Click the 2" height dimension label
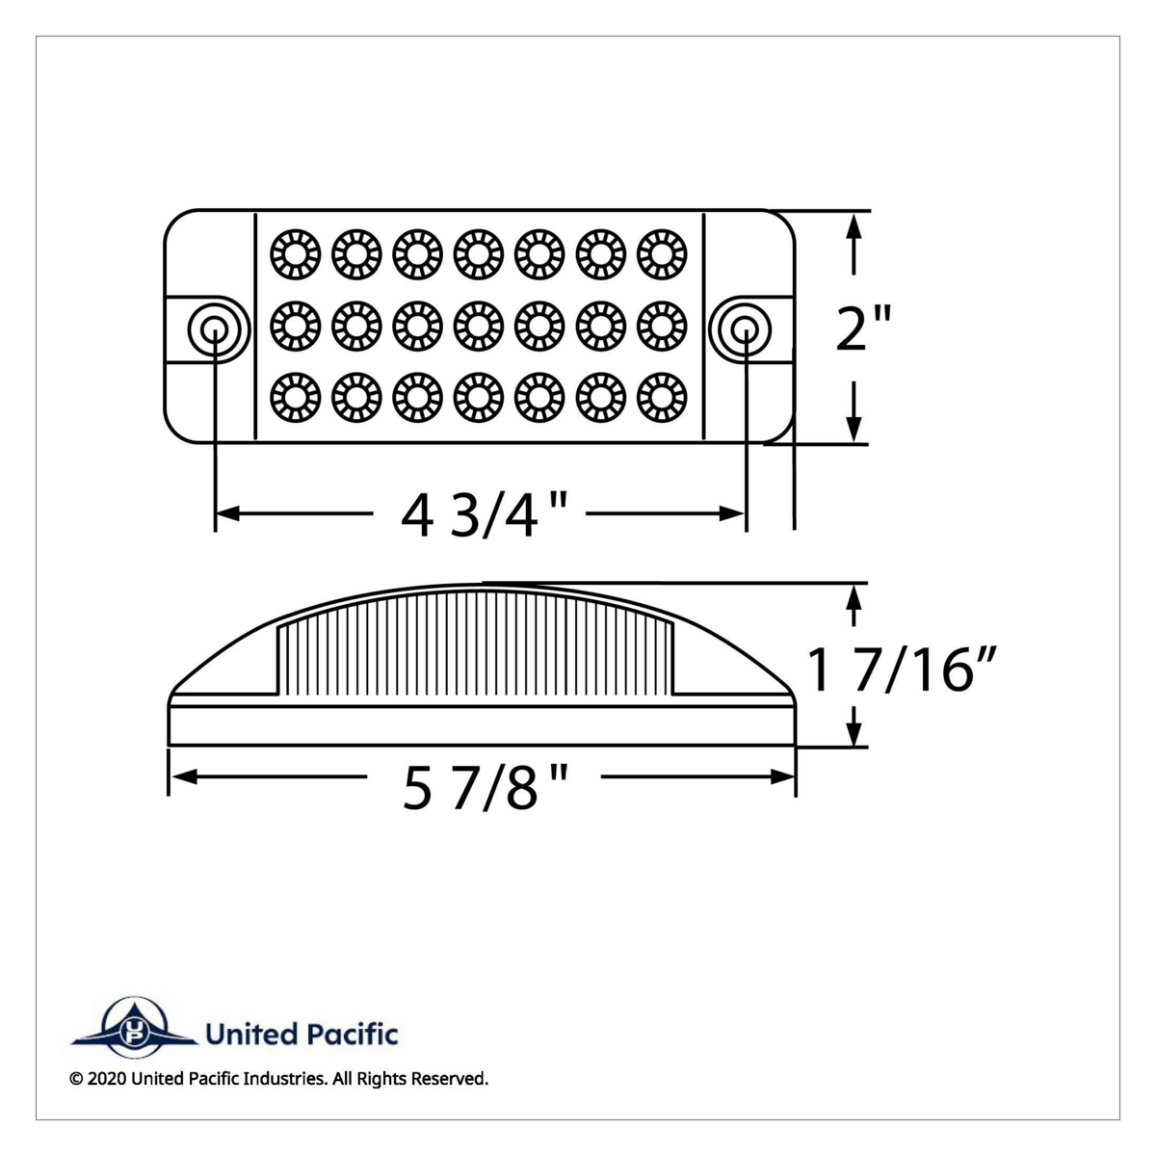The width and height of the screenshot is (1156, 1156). [863, 330]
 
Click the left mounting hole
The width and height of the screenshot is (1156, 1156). [214, 329]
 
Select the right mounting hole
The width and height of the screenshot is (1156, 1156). [744, 329]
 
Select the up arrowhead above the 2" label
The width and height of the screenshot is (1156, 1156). [853, 229]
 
